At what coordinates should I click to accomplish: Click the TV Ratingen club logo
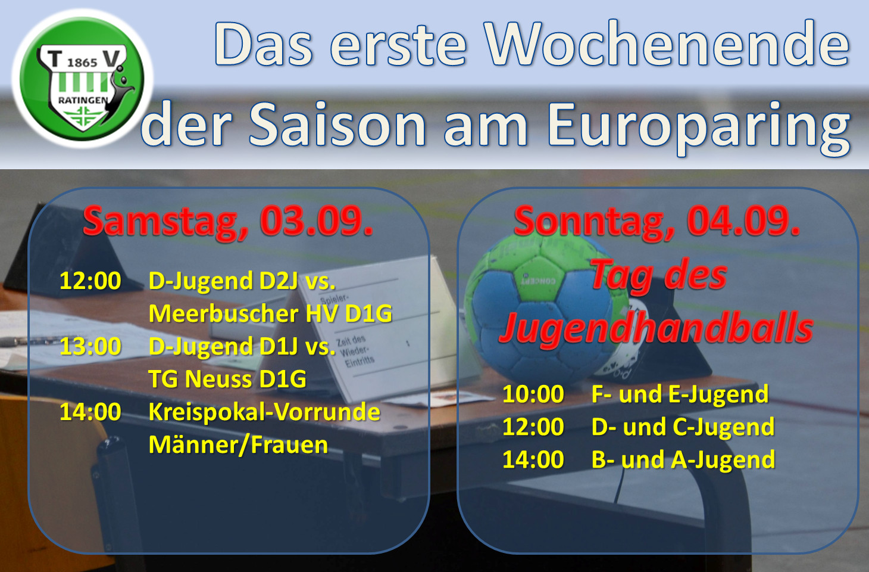click(82, 79)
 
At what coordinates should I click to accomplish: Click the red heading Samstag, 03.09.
click(228, 220)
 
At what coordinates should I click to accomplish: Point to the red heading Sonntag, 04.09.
click(657, 220)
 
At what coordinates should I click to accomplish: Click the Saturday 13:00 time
click(90, 346)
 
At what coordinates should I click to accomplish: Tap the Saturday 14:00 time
click(90, 412)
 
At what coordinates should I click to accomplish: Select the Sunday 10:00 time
click(533, 394)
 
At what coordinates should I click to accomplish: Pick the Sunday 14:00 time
click(533, 459)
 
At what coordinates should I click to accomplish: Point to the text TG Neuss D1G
click(227, 378)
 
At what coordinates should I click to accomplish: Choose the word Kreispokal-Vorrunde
click(264, 412)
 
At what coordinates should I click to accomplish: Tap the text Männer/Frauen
click(238, 445)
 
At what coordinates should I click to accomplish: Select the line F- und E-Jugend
click(680, 394)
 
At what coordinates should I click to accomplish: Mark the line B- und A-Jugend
click(683, 459)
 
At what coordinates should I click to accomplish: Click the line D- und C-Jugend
click(683, 427)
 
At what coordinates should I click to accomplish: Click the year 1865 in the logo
click(82, 63)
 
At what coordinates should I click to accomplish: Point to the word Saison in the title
click(338, 125)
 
